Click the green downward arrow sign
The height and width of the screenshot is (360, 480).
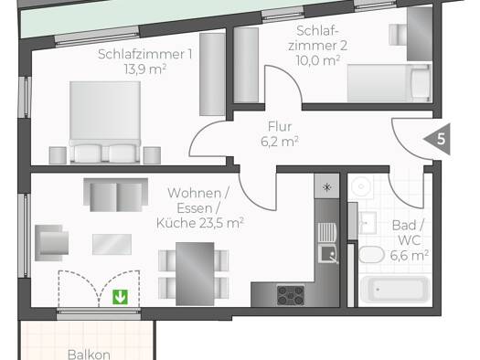pos(120,297)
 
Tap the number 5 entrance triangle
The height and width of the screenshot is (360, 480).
pos(439,139)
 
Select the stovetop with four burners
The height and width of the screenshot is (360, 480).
pos(291,295)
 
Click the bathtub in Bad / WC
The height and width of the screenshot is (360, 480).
pos(395,290)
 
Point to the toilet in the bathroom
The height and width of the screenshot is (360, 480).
pos(371,255)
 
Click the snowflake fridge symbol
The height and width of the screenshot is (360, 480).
pos(327,187)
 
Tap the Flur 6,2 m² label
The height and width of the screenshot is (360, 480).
pos(280,134)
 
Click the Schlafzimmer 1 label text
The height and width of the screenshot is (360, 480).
pos(145,54)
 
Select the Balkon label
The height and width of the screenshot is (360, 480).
pos(89,355)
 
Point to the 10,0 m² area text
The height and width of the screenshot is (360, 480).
pos(318,60)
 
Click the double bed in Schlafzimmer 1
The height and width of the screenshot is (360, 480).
pos(105,122)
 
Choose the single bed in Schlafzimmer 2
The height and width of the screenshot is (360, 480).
pos(389,83)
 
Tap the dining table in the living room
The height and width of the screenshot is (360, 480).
pos(195,274)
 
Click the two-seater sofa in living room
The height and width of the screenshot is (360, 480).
pos(116,196)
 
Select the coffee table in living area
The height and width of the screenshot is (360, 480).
pos(112,244)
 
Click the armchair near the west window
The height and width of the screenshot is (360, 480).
pos(51,243)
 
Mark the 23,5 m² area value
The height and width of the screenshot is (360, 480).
pos(221,223)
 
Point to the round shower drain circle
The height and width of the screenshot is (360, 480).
pos(361,186)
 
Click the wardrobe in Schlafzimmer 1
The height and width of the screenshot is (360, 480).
pos(212,74)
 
